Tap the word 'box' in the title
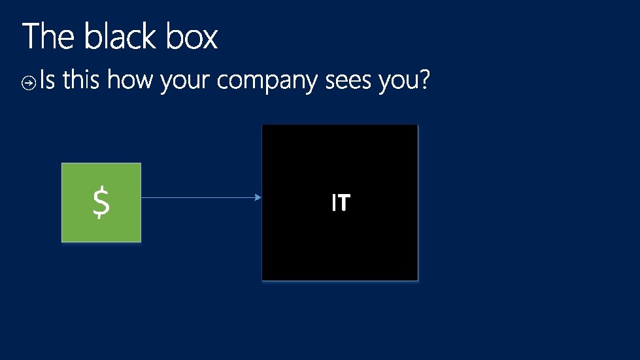tap(192, 37)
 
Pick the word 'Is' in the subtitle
tap(48, 81)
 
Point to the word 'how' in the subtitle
tap(131, 81)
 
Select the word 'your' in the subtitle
tap(185, 83)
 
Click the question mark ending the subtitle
tap(424, 80)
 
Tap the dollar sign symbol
tap(101, 202)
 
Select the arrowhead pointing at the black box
tap(258, 197)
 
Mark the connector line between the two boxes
tap(196, 197)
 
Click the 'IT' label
tap(340, 203)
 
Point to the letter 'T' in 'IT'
tap(343, 203)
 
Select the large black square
tap(340, 248)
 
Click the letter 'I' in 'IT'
tap(333, 203)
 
